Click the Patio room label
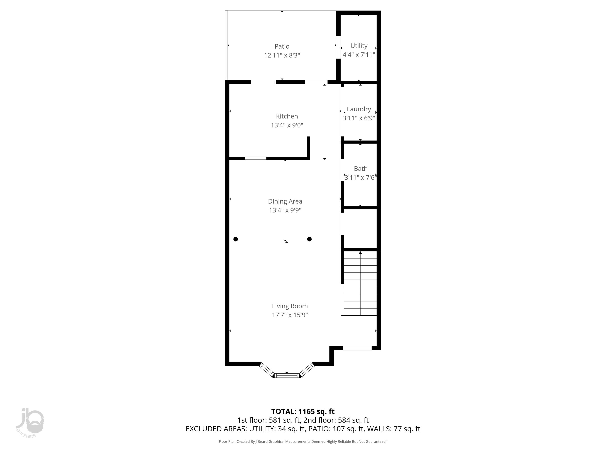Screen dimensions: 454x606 (x=282, y=46)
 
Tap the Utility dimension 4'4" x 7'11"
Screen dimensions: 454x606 (x=359, y=55)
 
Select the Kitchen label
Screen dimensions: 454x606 (x=287, y=116)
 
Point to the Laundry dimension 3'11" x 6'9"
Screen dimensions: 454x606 (x=359, y=118)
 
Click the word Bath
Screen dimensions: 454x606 (x=361, y=168)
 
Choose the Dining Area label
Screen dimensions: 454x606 (x=285, y=201)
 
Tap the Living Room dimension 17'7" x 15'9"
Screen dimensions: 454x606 (x=290, y=315)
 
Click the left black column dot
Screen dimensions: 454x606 (x=236, y=239)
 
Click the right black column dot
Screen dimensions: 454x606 (x=309, y=239)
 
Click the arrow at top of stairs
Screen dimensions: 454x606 (x=360, y=253)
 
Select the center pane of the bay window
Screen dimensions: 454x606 (x=287, y=376)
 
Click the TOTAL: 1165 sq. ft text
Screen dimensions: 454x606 (x=303, y=411)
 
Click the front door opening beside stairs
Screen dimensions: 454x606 (x=357, y=348)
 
